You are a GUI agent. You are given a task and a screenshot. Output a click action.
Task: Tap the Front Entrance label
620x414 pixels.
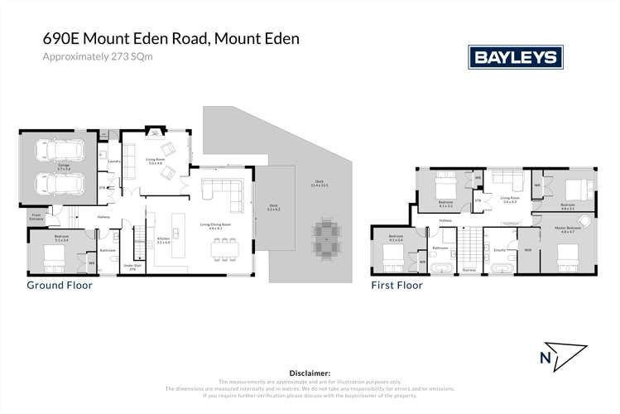[36, 217]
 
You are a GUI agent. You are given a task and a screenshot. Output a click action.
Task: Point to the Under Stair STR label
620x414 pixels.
[132, 267]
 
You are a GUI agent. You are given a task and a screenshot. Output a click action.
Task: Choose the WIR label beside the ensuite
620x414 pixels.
[527, 248]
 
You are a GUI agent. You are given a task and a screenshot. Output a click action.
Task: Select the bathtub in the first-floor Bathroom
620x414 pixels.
[440, 268]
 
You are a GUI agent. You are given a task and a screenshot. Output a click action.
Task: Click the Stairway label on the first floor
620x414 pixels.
[469, 269]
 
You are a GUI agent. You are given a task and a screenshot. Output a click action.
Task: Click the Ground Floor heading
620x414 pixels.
[60, 285]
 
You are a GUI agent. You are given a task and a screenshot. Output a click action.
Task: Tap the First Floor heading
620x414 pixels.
[397, 285]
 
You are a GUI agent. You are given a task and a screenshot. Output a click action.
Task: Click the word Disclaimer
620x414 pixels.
[309, 373]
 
